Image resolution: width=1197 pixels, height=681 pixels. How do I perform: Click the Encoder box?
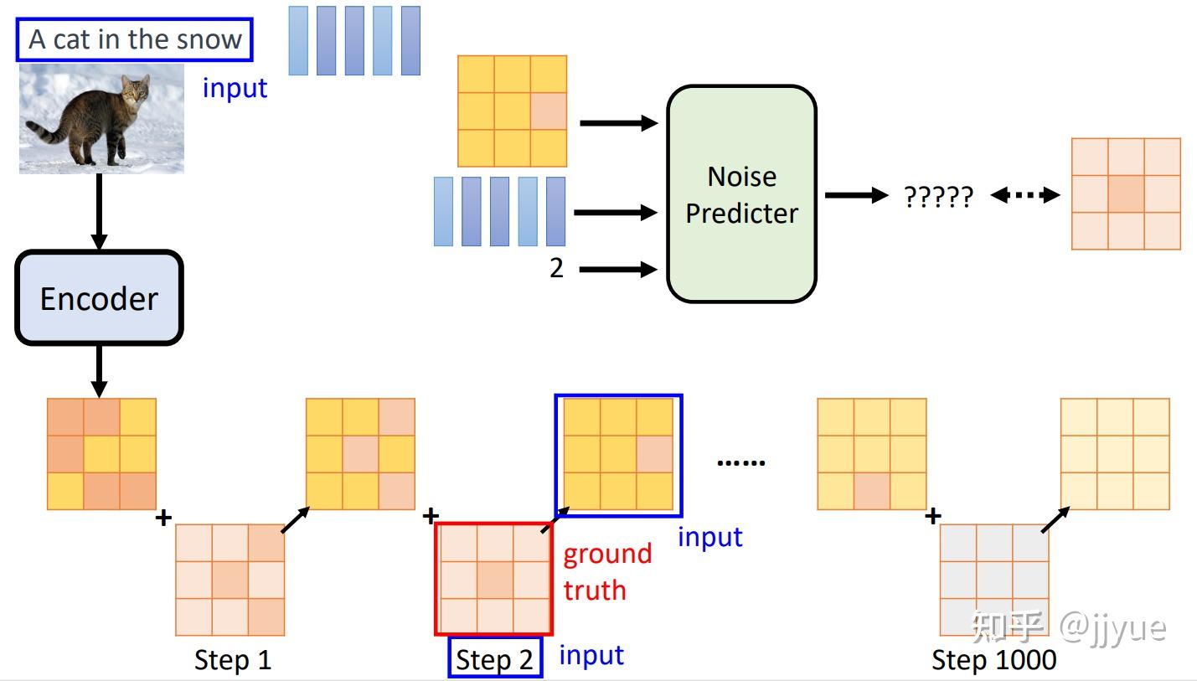click(100, 297)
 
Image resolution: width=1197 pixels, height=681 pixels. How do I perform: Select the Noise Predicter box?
click(741, 194)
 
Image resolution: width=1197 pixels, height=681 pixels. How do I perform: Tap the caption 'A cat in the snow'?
click(135, 39)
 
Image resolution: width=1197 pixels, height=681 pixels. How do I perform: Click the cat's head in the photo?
click(135, 90)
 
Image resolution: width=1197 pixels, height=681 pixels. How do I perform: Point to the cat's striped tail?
click(47, 130)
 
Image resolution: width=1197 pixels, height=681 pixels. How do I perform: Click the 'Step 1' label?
click(233, 659)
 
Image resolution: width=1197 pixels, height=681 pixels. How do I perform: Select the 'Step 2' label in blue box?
click(495, 658)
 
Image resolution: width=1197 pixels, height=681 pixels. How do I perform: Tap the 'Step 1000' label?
click(994, 659)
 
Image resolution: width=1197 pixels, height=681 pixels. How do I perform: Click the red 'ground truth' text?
click(607, 572)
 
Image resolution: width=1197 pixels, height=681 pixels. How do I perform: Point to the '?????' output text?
click(938, 197)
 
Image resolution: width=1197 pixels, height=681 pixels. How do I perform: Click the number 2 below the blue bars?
click(556, 268)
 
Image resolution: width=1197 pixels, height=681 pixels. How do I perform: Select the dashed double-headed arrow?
click(1025, 195)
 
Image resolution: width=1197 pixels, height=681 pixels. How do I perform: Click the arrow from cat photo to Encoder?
click(100, 212)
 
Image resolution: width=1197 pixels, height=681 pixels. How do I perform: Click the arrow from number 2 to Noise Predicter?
click(618, 269)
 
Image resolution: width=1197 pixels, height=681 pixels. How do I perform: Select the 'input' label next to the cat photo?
click(235, 88)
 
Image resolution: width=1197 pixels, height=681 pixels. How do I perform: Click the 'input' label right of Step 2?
click(591, 655)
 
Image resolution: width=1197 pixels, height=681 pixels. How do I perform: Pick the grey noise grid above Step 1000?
click(994, 580)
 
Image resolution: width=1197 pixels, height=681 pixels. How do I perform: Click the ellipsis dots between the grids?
click(740, 463)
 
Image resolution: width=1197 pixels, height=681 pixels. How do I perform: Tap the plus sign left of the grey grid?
click(932, 516)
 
